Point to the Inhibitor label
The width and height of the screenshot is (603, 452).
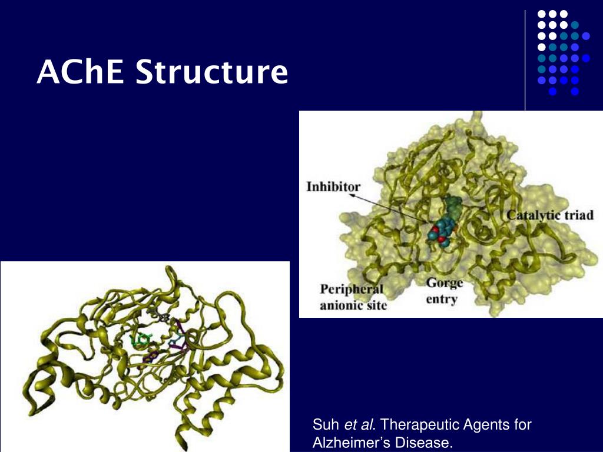333,187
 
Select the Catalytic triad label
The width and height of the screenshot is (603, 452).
550,215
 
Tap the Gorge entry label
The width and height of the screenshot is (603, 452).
445,291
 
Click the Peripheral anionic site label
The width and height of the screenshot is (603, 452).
353,297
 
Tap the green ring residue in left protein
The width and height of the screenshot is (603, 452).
141,340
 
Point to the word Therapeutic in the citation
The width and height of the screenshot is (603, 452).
418,425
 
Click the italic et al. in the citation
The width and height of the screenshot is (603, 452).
360,425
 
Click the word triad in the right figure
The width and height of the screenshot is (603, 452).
580,215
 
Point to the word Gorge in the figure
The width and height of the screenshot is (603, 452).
445,283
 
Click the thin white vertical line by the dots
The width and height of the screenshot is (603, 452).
525,59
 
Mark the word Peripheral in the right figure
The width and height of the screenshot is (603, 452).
352,290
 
